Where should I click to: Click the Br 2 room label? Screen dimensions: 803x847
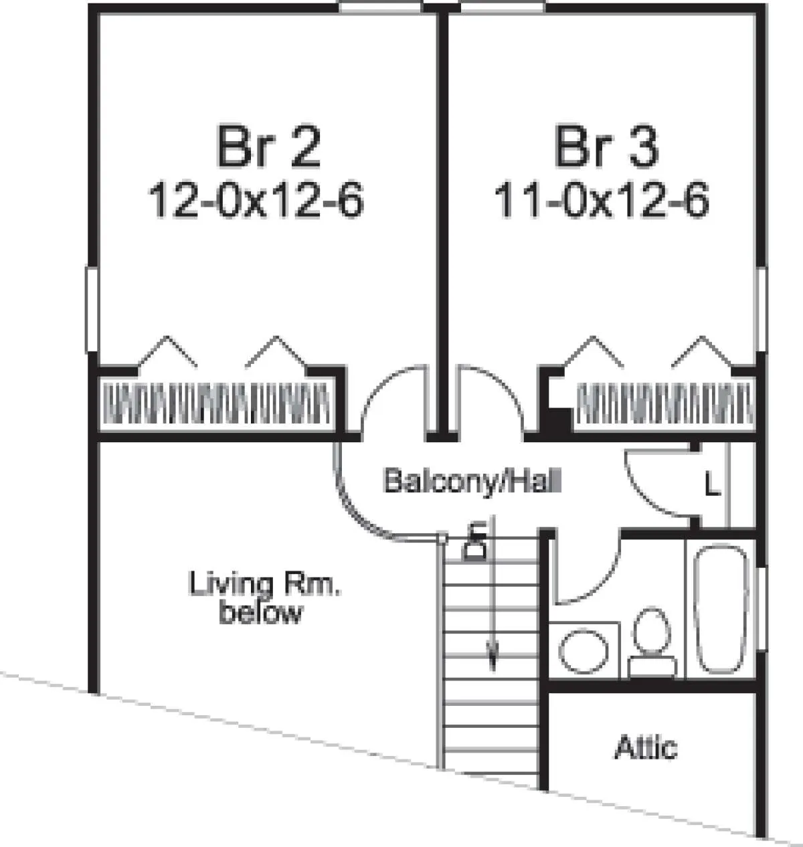[269, 147]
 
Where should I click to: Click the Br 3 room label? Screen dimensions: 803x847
[606, 147]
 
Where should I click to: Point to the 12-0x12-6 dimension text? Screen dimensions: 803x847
[256, 200]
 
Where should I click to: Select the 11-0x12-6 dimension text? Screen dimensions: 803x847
[602, 200]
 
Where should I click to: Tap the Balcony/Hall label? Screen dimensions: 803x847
[472, 481]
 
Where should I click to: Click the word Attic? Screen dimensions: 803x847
[645, 747]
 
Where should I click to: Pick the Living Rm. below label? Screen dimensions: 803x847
[264, 598]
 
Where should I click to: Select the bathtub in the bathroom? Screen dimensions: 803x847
[721, 609]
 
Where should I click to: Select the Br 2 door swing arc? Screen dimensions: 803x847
[374, 388]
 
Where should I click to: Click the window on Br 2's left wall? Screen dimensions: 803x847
[92, 309]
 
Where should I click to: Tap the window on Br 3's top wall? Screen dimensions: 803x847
[503, 8]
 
